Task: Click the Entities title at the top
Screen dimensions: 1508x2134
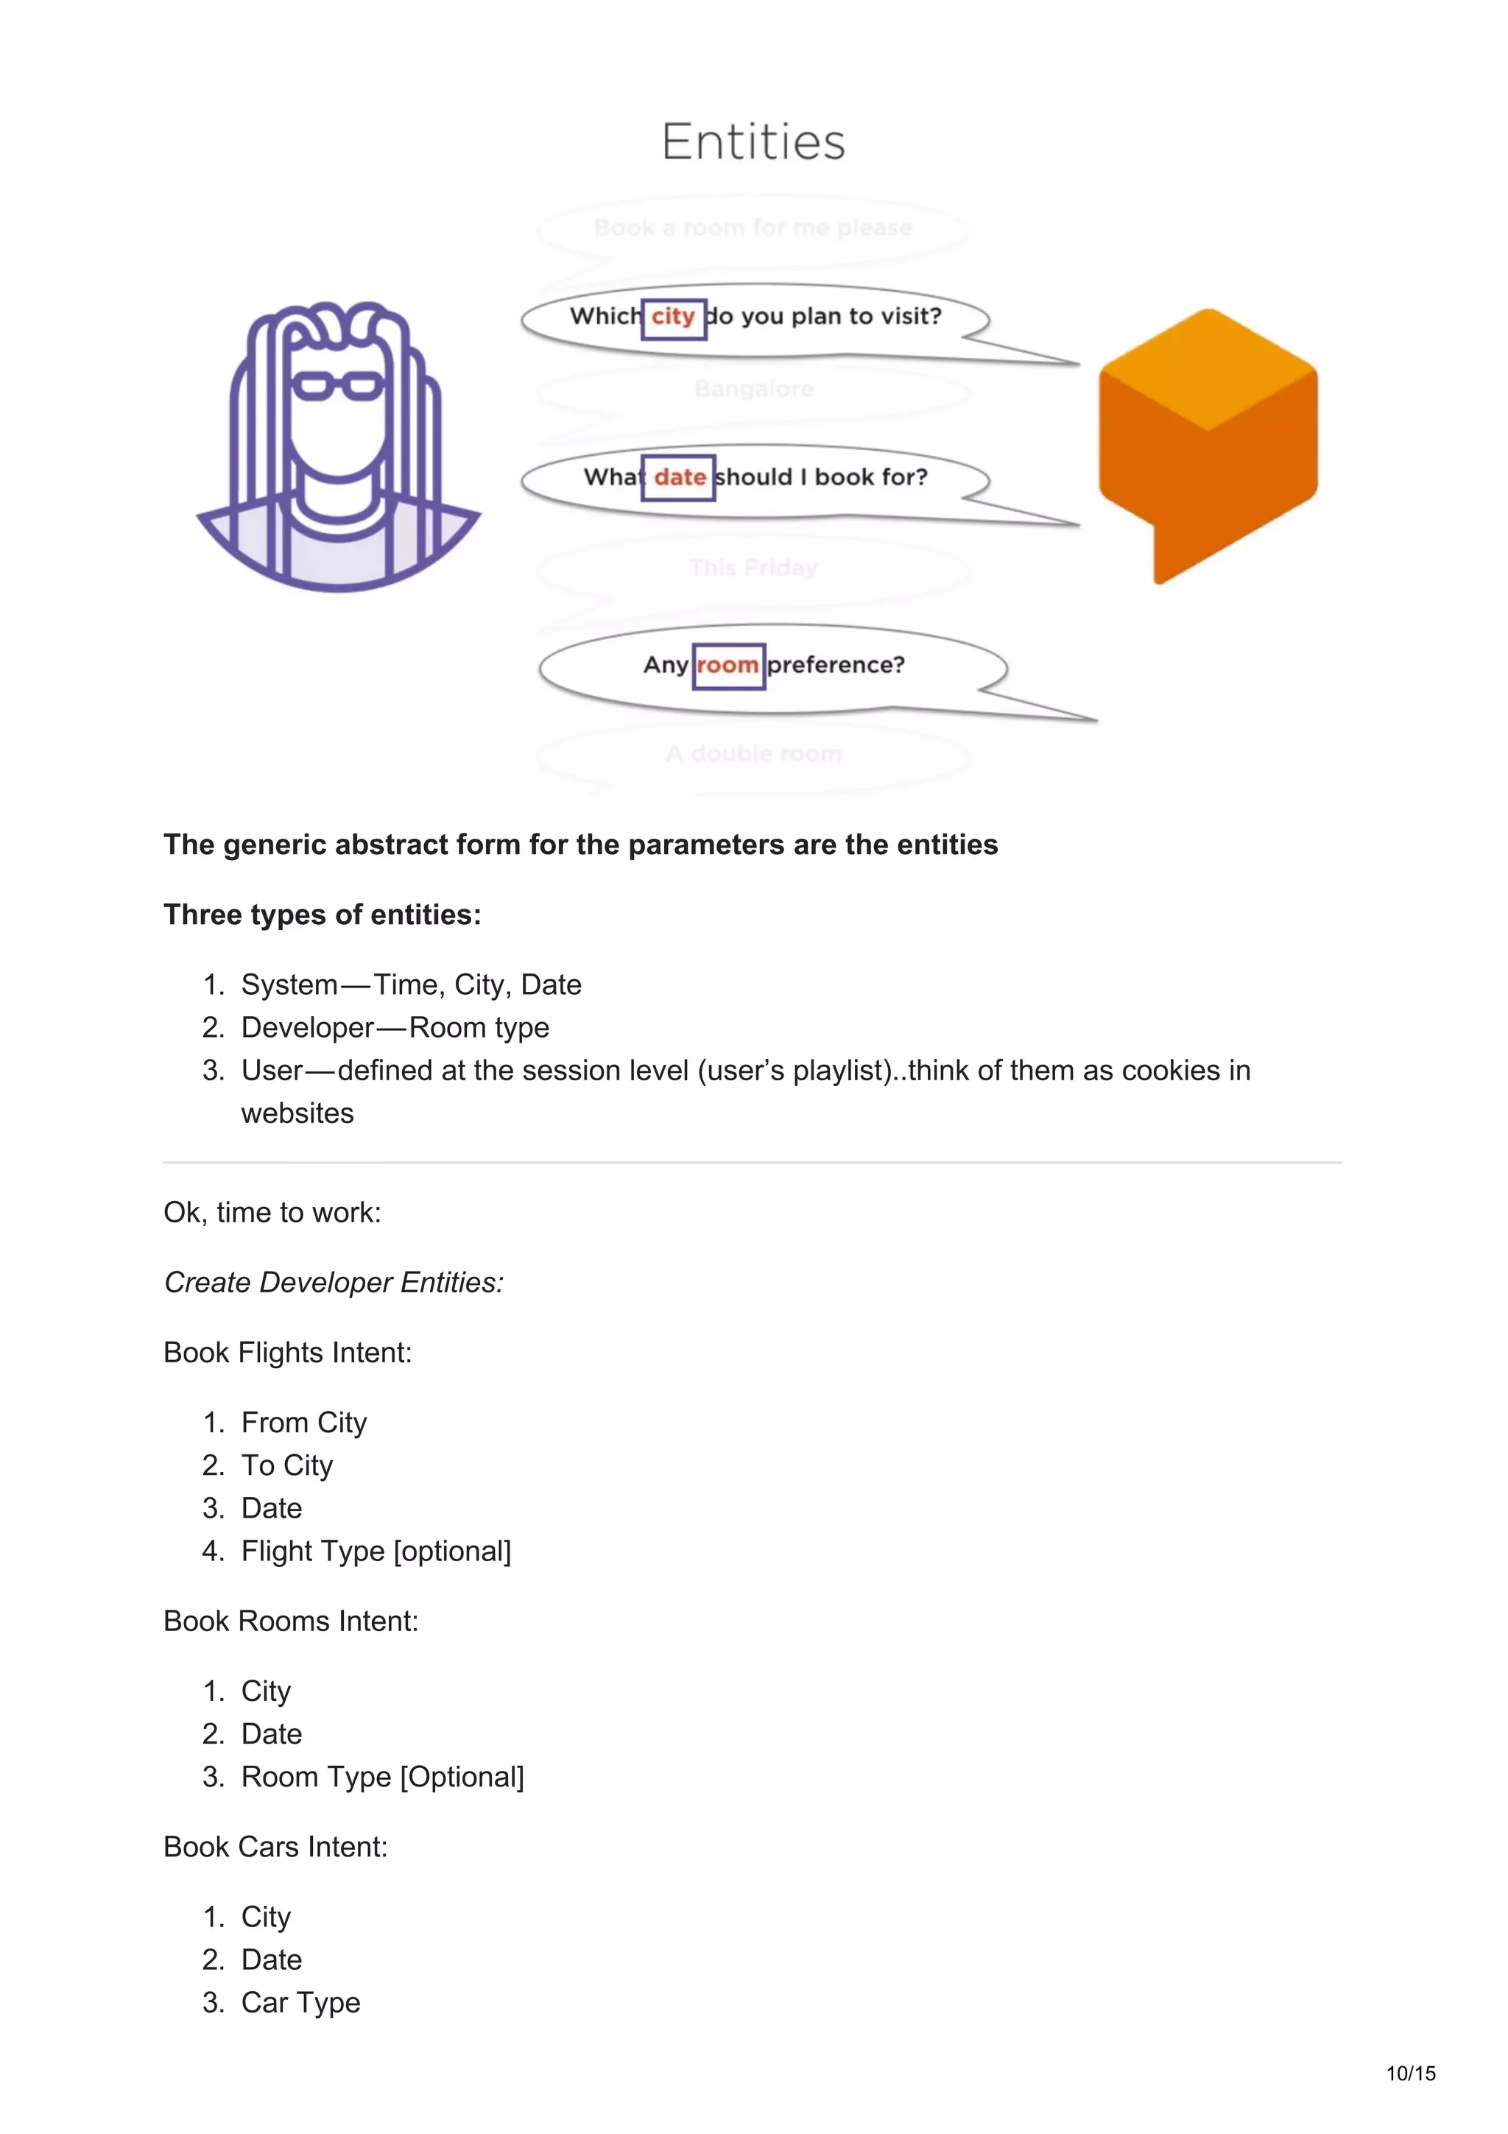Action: tap(753, 142)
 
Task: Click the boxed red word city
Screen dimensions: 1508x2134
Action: tap(673, 317)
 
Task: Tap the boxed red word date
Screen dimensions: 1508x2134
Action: tap(679, 478)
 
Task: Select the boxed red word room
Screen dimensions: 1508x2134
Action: tap(727, 666)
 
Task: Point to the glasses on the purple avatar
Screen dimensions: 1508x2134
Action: tap(337, 385)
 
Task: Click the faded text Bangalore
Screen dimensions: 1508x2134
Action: tap(753, 389)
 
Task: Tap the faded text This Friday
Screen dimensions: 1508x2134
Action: tap(753, 568)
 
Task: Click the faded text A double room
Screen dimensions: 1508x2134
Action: tap(753, 754)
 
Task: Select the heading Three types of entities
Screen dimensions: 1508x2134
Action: tap(323, 915)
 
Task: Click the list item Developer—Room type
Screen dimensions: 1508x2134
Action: tap(395, 1027)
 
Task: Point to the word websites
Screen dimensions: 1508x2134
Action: tap(297, 1113)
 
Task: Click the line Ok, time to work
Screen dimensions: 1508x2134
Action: tap(272, 1212)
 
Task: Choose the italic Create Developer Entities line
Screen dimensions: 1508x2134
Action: tap(334, 1283)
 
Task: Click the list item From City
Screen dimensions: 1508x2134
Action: tap(304, 1422)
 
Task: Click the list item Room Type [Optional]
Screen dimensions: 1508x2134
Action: tap(383, 1776)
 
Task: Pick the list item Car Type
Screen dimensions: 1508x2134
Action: tap(301, 2002)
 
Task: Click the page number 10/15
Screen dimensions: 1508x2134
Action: tap(1411, 2074)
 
